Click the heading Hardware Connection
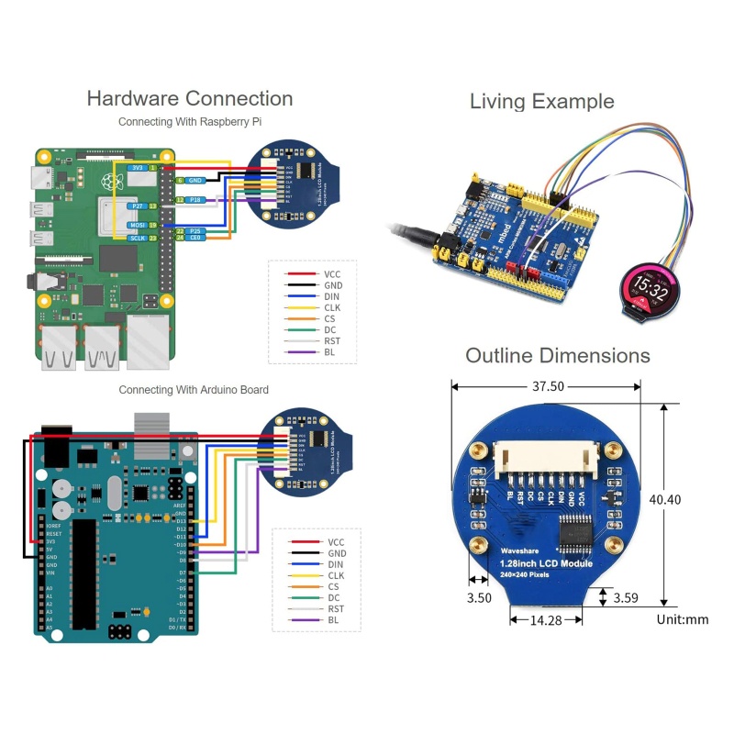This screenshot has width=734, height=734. coord(190,99)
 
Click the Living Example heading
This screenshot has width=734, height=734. coord(541,101)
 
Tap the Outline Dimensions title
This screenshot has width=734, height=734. coord(557,356)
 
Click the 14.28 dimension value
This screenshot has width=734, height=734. coord(545,621)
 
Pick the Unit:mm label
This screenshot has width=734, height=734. coord(683,619)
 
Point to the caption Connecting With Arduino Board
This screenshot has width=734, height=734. coord(194,390)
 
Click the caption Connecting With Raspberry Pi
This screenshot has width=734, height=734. coord(190,121)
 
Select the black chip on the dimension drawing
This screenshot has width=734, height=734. coord(577,530)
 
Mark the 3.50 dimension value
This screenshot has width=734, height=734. coord(479,597)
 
